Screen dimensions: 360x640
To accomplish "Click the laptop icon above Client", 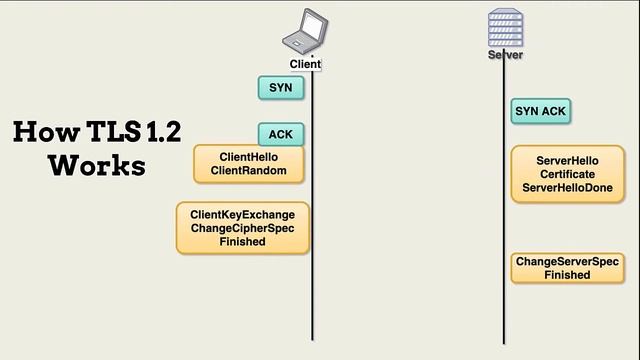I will (x=304, y=32).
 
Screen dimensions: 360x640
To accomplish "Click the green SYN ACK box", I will (x=541, y=111).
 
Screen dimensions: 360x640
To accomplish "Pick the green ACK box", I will (x=280, y=135).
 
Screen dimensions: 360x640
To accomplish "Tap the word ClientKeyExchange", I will (x=243, y=214).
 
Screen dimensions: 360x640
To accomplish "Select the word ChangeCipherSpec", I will (x=243, y=228).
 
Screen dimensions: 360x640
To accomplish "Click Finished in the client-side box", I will (x=243, y=242).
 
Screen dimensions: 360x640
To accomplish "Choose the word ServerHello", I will (x=567, y=160).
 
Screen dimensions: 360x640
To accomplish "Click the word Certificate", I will (x=567, y=174).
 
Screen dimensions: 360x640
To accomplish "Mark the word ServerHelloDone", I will (x=567, y=188).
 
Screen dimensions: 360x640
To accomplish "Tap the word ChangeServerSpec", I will (x=567, y=262).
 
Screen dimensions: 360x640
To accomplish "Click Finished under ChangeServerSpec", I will (x=567, y=275).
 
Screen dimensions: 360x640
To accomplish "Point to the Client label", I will (x=305, y=64).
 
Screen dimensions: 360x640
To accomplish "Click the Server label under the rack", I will (x=505, y=55).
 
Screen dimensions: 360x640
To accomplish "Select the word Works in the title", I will (x=97, y=165).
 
